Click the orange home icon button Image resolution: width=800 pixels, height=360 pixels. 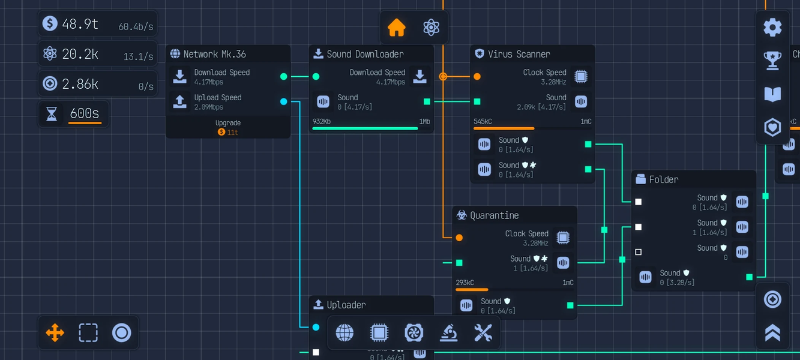click(397, 28)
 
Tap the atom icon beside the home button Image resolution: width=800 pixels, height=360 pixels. click(431, 28)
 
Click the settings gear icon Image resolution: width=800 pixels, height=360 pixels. click(772, 27)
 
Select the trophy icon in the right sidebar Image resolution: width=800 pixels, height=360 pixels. click(772, 60)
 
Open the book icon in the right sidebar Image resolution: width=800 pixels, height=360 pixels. click(772, 94)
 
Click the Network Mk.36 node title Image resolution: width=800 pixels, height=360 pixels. click(214, 54)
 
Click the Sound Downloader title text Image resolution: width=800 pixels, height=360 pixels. click(365, 54)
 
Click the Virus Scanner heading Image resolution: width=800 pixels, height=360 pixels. click(519, 54)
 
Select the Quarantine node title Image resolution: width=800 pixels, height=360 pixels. click(494, 215)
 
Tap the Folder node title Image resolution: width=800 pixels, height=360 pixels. click(663, 179)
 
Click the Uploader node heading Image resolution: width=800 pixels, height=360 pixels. click(346, 305)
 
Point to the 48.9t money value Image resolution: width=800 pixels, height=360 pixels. click(80, 24)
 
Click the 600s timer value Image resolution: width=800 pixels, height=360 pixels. click(84, 113)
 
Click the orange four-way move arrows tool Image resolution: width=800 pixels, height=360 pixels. click(55, 332)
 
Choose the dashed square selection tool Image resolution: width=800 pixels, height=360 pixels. click(88, 332)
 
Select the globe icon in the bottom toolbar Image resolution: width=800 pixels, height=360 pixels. click(344, 332)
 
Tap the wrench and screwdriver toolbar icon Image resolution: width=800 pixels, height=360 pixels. click(483, 332)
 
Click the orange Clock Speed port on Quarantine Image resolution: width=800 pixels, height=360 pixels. click(459, 238)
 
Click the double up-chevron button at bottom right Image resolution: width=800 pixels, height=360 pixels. click(772, 333)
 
